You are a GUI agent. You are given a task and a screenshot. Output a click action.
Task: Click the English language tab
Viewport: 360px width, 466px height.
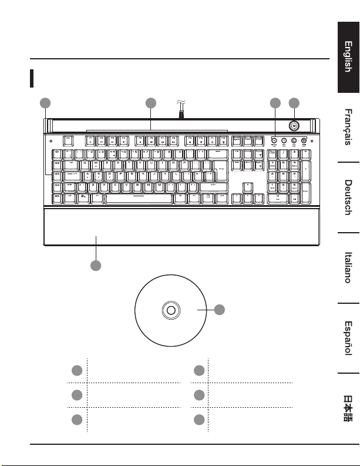click(348, 58)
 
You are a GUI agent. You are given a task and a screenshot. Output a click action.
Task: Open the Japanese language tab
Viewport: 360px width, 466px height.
click(348, 407)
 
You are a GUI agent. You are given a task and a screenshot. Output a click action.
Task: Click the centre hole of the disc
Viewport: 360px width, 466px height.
click(170, 310)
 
